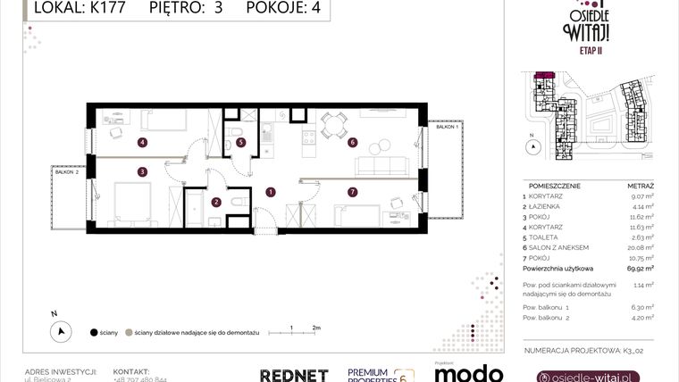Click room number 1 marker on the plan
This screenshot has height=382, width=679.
(271, 191)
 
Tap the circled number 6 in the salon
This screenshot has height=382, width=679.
(353, 142)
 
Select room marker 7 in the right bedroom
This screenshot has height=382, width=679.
(353, 191)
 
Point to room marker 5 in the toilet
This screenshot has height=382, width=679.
(240, 142)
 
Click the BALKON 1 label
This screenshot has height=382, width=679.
(447, 128)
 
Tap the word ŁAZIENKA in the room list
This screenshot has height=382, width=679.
(547, 205)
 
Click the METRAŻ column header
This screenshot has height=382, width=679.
(641, 185)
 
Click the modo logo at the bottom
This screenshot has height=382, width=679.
(467, 374)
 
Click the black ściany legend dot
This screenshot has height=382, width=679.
(94, 332)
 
